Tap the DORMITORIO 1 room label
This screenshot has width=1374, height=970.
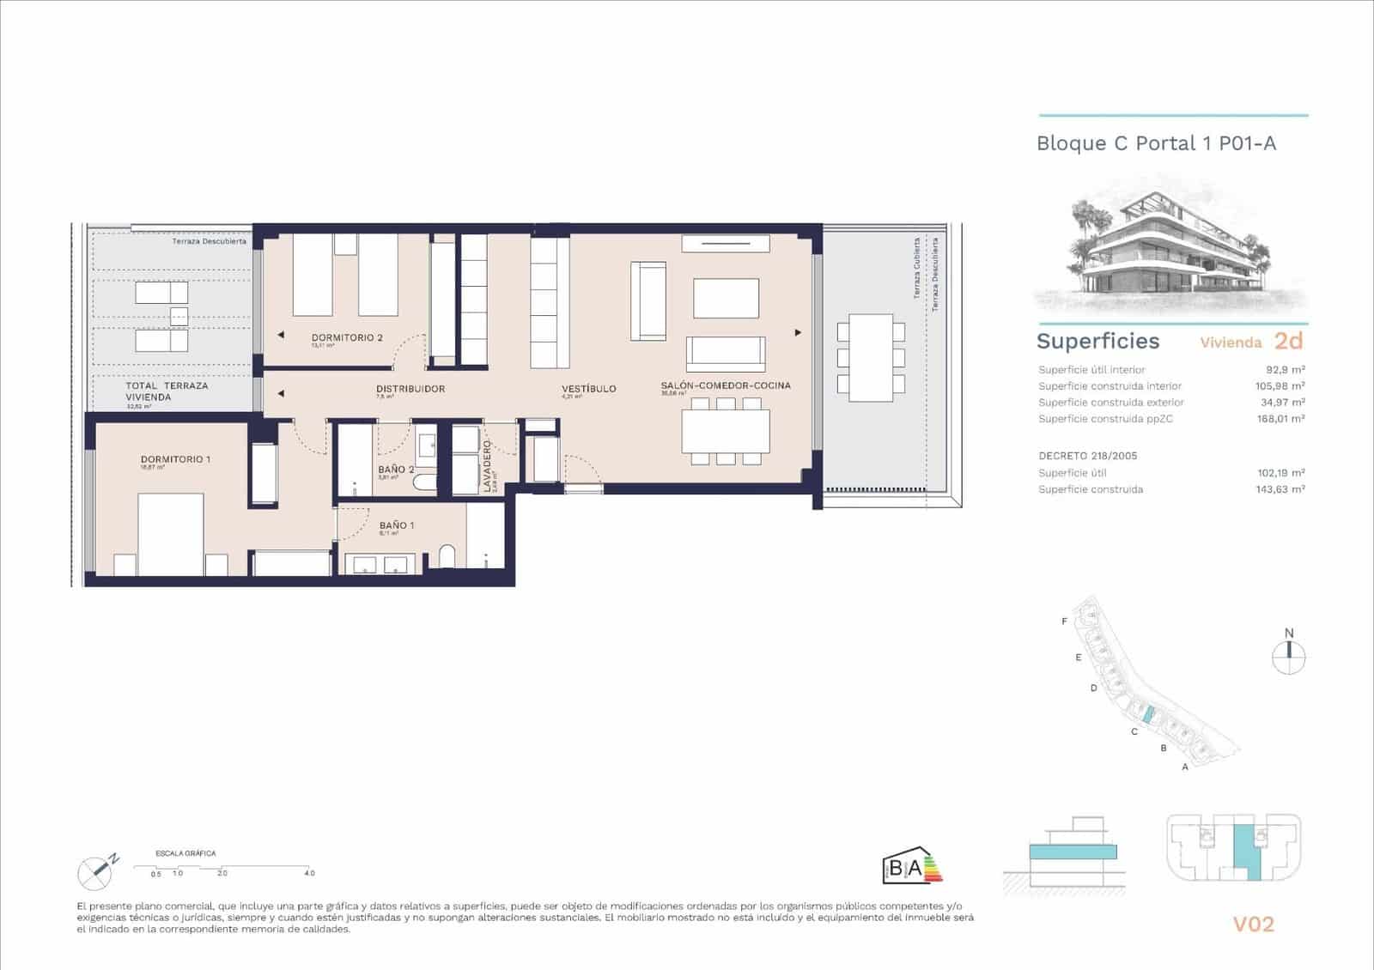[x=175, y=459]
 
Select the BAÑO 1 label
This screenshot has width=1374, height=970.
[x=397, y=525]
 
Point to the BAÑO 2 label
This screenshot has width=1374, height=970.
[x=396, y=470]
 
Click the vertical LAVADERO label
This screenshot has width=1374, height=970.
[x=486, y=466]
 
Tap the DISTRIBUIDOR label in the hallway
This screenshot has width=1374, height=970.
[x=410, y=389]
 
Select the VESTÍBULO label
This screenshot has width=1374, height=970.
[x=589, y=389]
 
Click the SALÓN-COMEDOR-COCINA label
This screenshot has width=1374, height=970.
[x=726, y=385]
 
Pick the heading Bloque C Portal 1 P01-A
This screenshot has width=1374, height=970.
[x=1156, y=143]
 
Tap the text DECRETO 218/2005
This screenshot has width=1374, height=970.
[x=1087, y=456]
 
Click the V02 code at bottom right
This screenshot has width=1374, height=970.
[x=1253, y=925]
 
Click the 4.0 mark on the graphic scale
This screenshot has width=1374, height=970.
[x=309, y=873]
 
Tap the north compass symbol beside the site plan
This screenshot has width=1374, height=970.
[x=1288, y=657]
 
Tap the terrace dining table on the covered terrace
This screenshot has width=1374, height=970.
[x=871, y=357]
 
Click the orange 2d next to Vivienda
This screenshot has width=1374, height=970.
[x=1288, y=341]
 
